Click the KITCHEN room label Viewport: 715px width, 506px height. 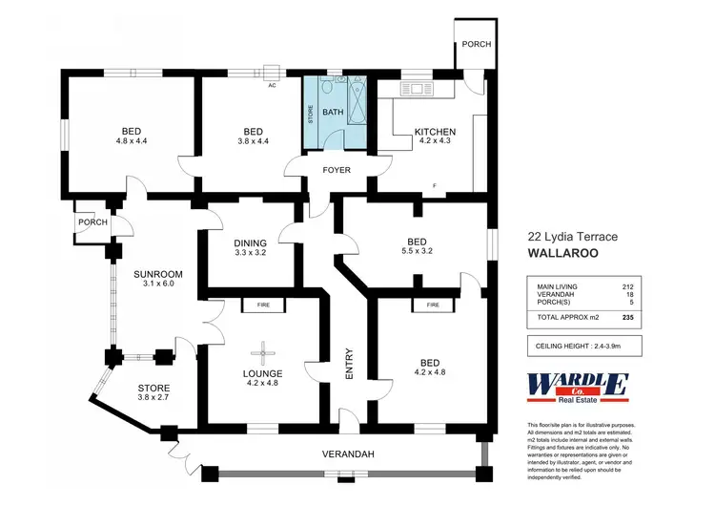[434, 132]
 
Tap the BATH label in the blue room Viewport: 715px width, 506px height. [332, 112]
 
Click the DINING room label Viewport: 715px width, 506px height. [250, 243]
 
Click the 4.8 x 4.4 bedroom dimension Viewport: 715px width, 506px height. [132, 142]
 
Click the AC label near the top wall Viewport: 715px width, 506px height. [272, 85]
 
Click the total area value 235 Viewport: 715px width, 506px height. [626, 317]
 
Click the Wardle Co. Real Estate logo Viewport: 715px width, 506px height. [578, 388]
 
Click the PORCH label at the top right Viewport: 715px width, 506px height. [474, 45]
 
